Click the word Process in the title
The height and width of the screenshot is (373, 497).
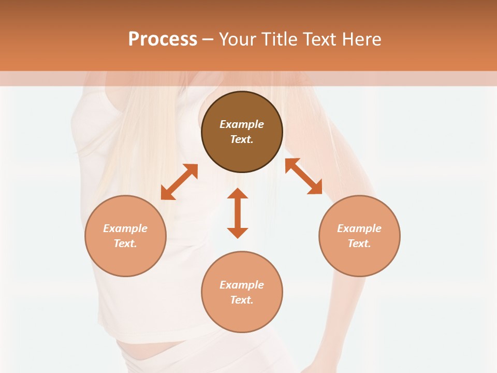[163, 39]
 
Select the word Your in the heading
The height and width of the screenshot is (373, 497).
[238, 39]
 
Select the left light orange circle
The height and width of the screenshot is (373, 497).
[125, 259]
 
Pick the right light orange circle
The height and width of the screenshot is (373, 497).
[359, 259]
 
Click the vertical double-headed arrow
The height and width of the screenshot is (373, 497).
[238, 213]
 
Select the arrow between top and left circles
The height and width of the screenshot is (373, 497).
[179, 182]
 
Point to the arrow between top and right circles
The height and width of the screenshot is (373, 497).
[303, 176]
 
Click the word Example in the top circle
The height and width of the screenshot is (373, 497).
[242, 124]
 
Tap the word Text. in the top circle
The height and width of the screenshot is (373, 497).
[242, 139]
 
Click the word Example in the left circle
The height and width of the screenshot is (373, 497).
[125, 228]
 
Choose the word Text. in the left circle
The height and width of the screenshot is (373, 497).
[125, 243]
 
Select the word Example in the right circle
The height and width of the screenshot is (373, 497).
[359, 228]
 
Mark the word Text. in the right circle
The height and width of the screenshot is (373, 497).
[359, 243]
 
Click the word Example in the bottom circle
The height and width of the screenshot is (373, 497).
[242, 285]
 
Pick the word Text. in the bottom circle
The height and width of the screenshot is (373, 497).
[242, 300]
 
